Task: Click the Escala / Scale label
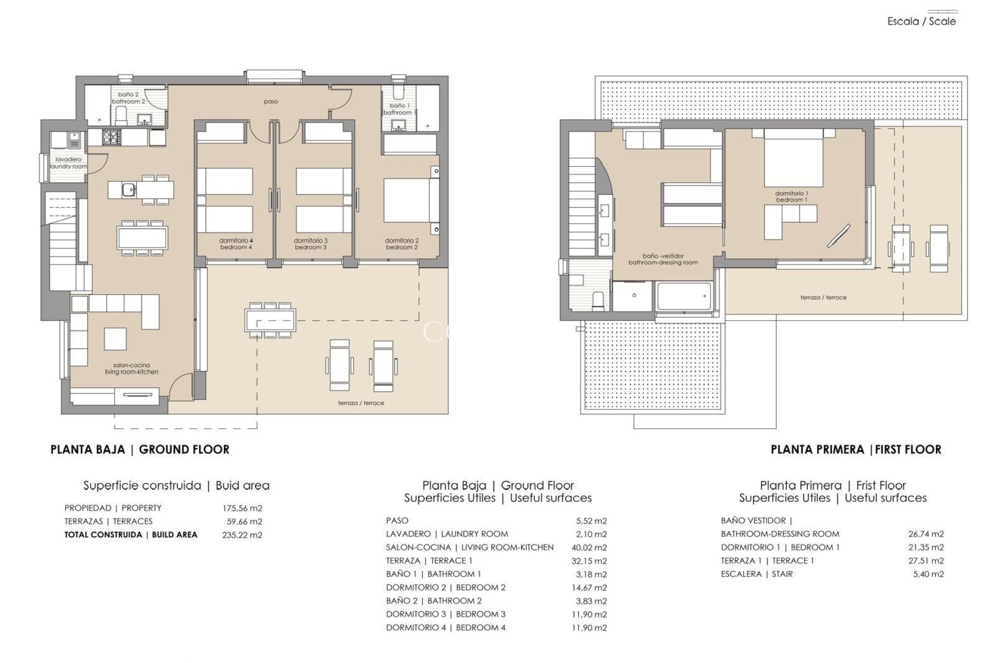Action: [921, 21]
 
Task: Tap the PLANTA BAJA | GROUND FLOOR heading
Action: [140, 449]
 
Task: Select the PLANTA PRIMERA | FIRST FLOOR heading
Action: [856, 449]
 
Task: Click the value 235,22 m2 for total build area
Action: [242, 535]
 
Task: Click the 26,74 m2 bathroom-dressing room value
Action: [927, 534]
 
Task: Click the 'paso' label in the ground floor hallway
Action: [271, 102]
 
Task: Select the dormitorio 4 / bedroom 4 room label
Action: [236, 244]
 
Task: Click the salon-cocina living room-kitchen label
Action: [131, 368]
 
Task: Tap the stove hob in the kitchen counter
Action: [110, 137]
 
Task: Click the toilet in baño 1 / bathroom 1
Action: [398, 92]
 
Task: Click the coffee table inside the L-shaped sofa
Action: [115, 339]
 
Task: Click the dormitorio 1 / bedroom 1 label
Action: [791, 196]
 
